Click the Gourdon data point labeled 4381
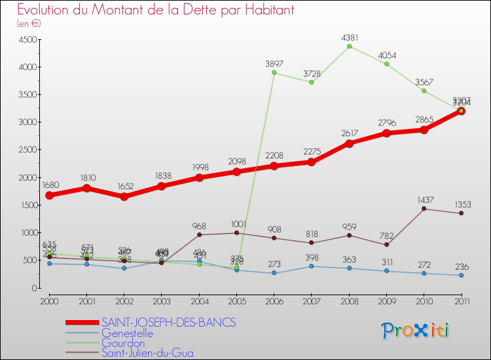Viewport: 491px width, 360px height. coord(349,46)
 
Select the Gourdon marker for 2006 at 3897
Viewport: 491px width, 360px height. coord(274,73)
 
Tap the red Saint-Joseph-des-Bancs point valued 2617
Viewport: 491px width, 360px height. coord(349,143)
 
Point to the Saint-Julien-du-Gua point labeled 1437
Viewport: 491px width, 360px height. coord(424,209)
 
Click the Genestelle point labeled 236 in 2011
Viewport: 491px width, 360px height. coord(462,275)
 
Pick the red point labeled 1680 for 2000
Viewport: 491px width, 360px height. coord(49,195)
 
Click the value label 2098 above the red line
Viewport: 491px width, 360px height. coord(236,162)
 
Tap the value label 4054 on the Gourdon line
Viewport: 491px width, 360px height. coord(386,56)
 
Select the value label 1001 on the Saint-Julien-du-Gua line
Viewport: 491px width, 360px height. coord(236,224)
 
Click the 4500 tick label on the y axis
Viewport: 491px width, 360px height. coord(26,40)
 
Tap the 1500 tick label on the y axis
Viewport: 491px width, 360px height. coord(26,206)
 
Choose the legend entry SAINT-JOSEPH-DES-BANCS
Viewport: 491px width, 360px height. coord(168,323)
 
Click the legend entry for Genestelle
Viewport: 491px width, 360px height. coord(127,333)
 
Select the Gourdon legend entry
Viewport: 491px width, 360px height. coord(123,343)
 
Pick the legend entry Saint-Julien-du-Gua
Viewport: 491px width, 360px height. coord(147,353)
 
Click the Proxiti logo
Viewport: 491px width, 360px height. coord(416,331)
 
